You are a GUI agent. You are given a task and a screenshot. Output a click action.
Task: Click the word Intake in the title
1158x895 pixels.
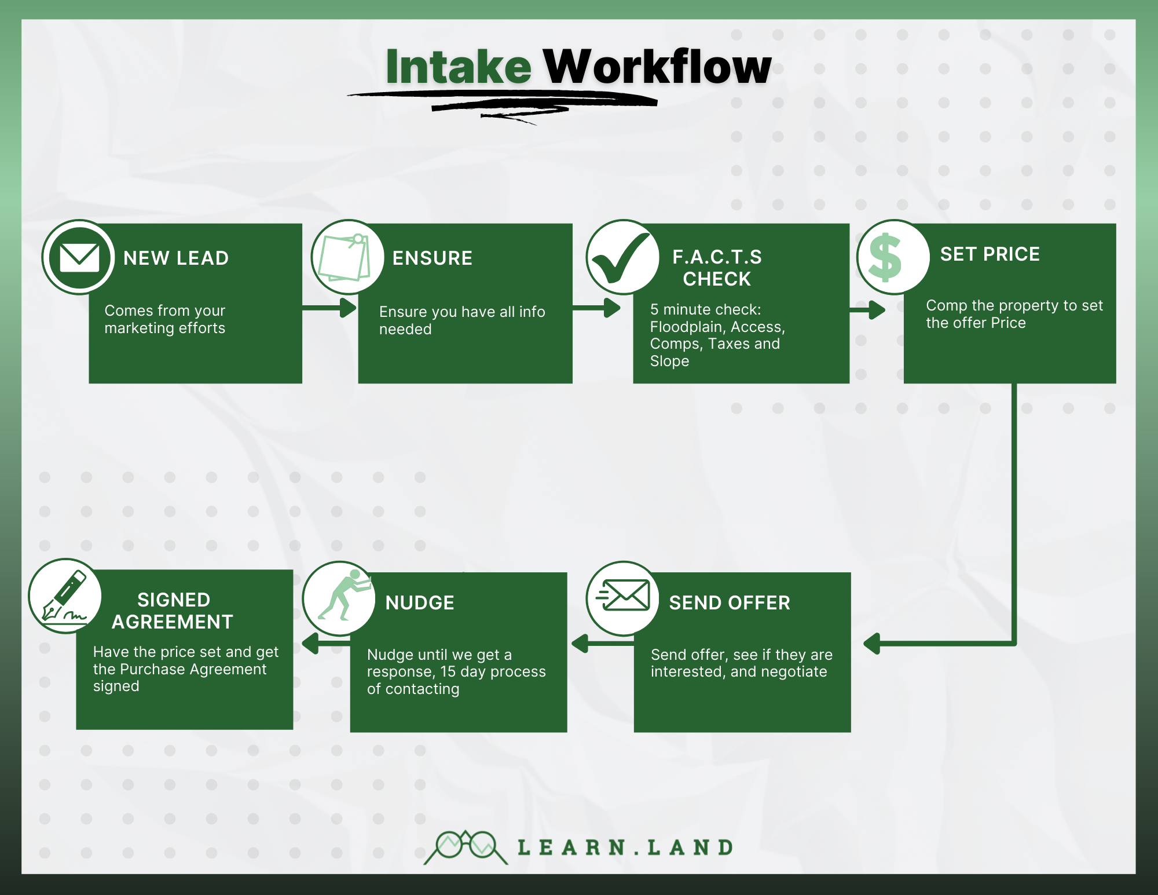458,67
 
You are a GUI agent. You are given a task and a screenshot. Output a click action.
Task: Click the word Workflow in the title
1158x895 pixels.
657,67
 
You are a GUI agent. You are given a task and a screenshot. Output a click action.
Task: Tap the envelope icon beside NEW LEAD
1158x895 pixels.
79,257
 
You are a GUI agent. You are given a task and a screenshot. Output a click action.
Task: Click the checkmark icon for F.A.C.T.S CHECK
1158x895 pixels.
622,257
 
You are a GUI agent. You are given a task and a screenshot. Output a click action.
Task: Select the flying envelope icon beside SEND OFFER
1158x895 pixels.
623,597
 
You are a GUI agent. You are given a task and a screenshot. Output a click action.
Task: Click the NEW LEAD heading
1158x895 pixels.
176,258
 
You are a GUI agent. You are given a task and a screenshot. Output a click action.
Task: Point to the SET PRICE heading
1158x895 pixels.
990,254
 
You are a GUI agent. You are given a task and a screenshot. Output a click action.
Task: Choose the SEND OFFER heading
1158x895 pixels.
729,603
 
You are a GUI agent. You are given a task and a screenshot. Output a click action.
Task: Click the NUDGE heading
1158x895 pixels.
420,603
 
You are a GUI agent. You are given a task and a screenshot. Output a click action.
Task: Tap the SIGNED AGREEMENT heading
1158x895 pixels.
173,611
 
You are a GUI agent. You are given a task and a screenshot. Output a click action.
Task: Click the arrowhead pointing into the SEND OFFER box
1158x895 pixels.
872,644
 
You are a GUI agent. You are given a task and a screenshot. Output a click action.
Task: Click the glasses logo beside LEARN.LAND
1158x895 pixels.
466,847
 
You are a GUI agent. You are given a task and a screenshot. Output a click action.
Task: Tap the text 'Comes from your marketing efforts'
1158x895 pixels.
165,319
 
